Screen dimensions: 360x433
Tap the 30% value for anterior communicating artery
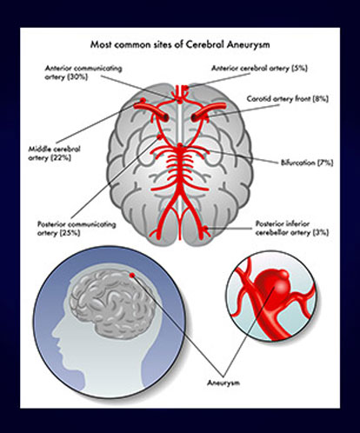tap(77, 77)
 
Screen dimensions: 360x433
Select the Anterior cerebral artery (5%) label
tap(259, 68)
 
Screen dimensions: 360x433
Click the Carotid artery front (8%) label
tap(288, 99)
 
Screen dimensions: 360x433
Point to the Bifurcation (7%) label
tap(307, 163)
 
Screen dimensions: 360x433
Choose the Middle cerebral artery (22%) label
tap(54, 153)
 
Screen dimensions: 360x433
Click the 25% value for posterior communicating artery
tap(70, 233)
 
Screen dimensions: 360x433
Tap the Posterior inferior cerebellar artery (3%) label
tap(292, 228)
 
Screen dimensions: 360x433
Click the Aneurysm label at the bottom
tap(223, 383)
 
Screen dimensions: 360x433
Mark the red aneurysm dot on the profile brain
tap(132, 275)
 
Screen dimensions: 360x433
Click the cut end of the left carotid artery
tap(166, 117)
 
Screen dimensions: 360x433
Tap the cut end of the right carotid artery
tap(194, 117)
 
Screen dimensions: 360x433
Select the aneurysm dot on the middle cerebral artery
tap(143, 100)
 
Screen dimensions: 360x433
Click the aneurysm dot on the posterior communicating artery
tap(159, 137)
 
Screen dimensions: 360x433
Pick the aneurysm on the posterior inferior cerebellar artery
tap(206, 229)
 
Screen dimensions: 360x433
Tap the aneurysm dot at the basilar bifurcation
tap(181, 145)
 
